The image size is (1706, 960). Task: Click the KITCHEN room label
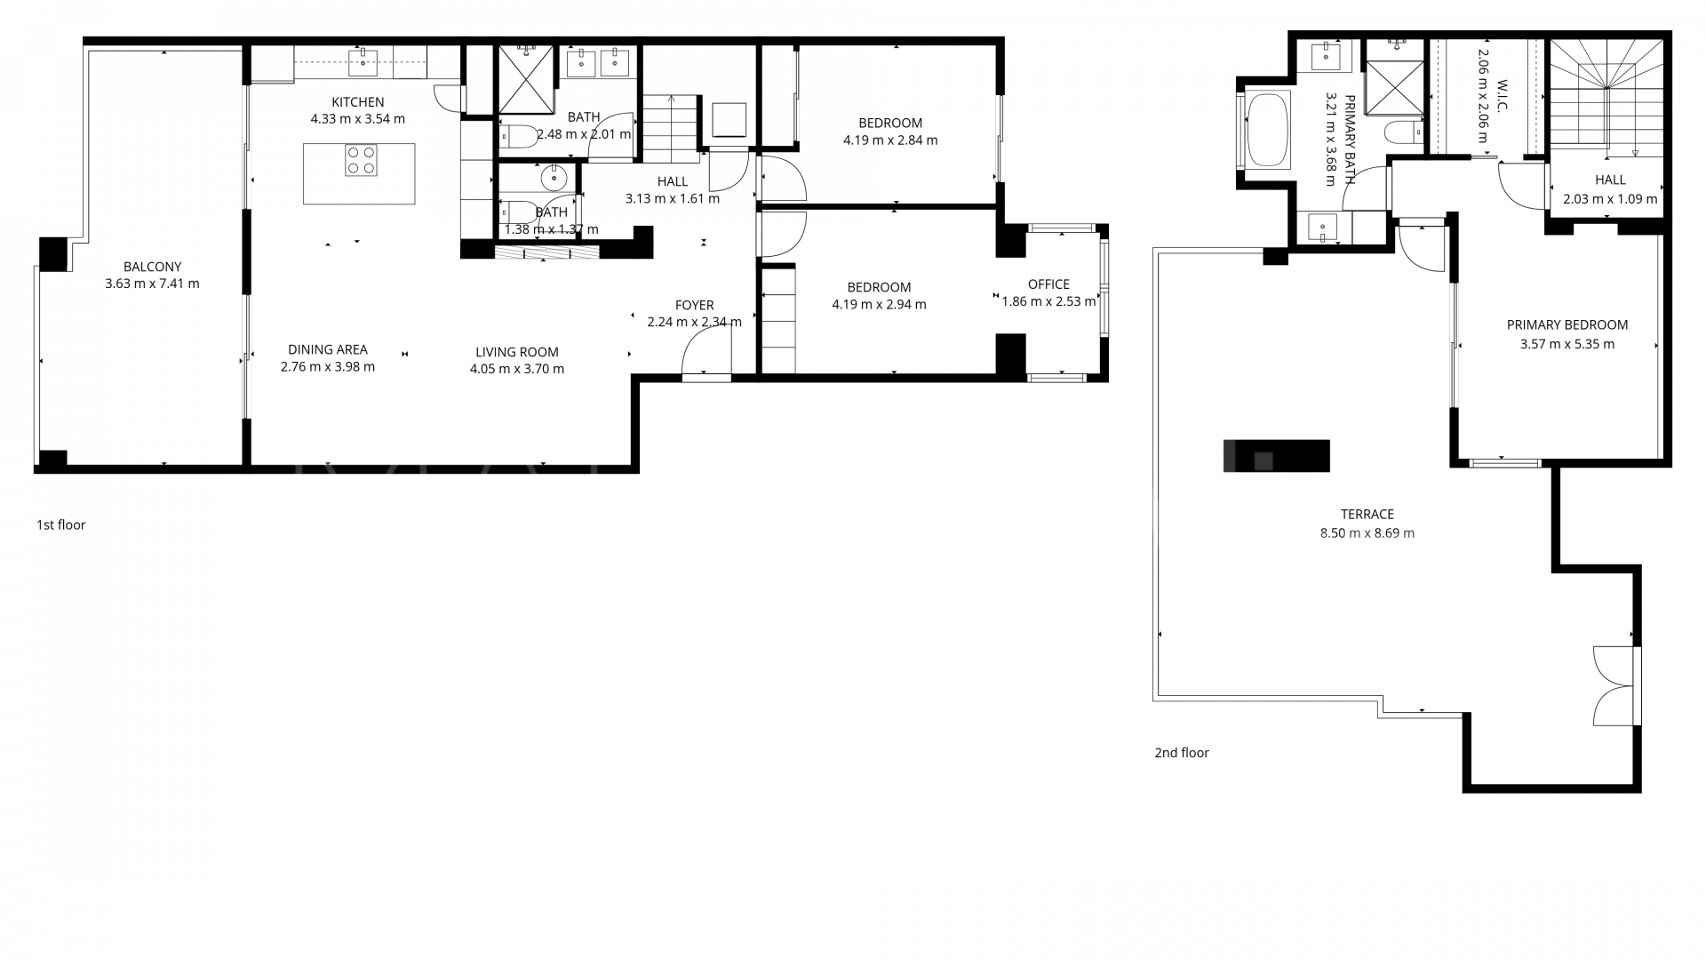point(358,102)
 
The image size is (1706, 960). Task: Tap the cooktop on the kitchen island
point(361,160)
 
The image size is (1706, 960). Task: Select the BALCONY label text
point(152,267)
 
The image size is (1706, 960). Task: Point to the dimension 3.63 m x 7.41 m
point(152,284)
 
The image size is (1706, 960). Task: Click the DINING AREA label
point(328,349)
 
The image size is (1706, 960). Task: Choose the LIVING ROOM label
point(517,352)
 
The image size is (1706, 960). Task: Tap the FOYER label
point(694,306)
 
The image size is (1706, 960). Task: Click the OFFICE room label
point(1048,284)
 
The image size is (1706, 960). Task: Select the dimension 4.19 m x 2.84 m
point(890,140)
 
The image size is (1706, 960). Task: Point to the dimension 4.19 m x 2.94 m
point(879,305)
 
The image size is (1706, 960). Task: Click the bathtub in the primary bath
point(1268,131)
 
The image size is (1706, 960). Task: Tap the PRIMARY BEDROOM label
point(1567,325)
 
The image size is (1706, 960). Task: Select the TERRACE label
point(1367,515)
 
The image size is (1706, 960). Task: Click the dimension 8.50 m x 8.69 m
point(1367,533)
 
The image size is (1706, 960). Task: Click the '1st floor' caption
point(61,525)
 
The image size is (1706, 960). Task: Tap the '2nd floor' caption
point(1182,753)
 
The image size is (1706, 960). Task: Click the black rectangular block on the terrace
point(1276,456)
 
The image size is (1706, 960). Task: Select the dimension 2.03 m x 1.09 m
point(1610,199)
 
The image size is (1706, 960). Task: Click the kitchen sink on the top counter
point(363,61)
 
